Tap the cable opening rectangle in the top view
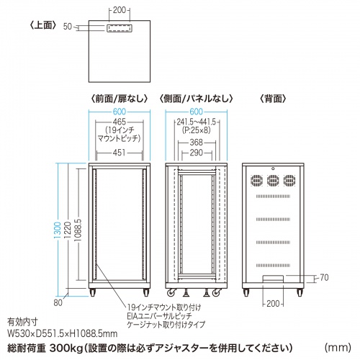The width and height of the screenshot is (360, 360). point(118,30)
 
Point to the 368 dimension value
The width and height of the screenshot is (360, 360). point(196,143)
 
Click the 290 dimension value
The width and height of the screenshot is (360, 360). point(196,153)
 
